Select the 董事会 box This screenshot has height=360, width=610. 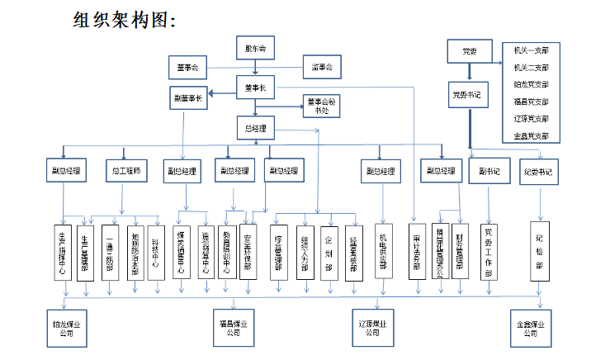pos(188,66)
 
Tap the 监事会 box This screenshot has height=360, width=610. pos(321,66)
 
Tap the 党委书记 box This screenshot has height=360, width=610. pos(471,96)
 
